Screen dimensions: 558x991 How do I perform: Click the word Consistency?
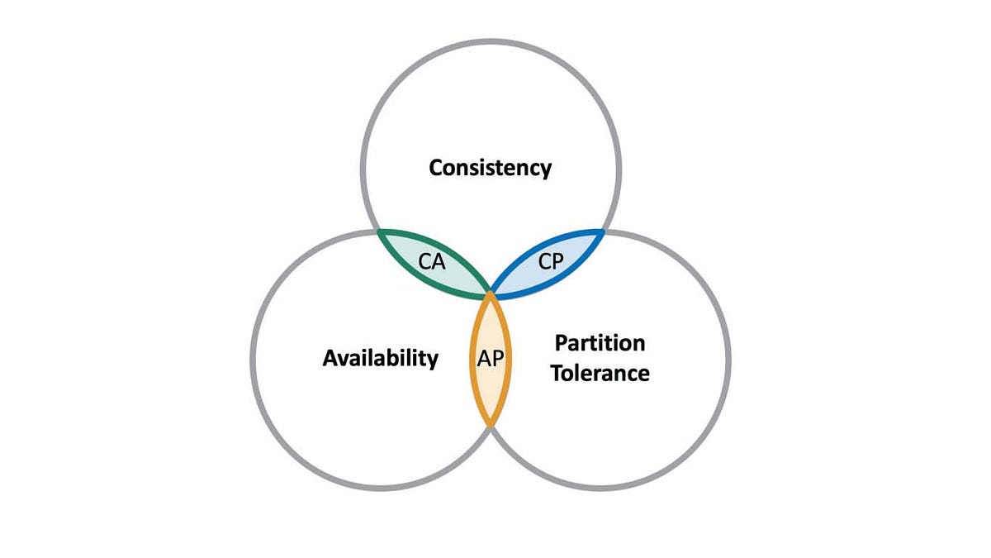tap(490, 168)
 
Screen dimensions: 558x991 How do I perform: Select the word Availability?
tap(380, 358)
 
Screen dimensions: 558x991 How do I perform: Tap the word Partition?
tap(600, 342)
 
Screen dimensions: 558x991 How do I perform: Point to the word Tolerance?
tap(600, 373)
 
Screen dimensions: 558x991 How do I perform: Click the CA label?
tap(432, 264)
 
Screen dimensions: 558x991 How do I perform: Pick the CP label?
tap(550, 262)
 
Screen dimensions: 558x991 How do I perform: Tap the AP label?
tap(491, 358)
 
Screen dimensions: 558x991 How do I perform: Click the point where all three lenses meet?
tap(491, 292)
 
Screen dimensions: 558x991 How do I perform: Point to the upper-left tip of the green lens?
tap(379, 231)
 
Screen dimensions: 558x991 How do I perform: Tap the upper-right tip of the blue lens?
tap(604, 231)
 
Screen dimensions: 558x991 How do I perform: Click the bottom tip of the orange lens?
tap(491, 425)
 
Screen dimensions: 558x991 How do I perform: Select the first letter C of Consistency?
tap(436, 168)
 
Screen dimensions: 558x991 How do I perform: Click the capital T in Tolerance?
tap(558, 373)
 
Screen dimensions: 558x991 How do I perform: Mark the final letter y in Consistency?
tap(545, 170)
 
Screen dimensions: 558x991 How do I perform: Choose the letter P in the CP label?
tap(557, 262)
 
